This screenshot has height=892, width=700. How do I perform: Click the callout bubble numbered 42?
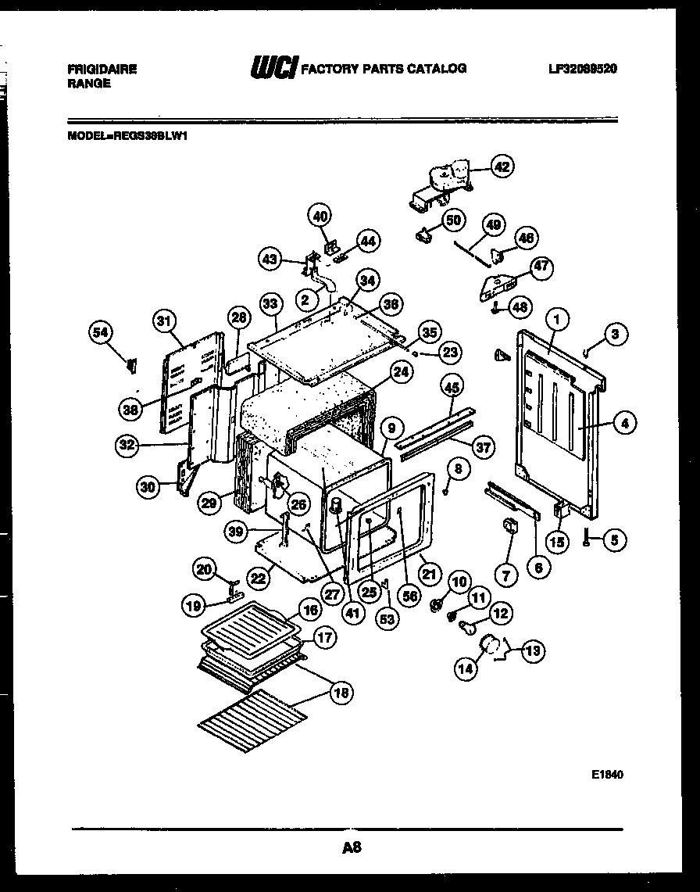[x=502, y=166]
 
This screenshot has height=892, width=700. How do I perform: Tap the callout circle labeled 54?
[x=101, y=332]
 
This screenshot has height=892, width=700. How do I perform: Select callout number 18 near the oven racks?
[x=341, y=692]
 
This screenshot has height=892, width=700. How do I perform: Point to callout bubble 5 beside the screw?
[x=615, y=539]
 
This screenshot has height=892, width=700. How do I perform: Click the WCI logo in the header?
[x=272, y=70]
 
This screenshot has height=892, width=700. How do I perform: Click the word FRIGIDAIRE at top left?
[x=102, y=70]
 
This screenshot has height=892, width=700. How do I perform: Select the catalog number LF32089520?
[x=583, y=69]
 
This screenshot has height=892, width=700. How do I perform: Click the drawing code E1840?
[x=607, y=774]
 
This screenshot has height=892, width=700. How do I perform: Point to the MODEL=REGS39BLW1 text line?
[x=129, y=134]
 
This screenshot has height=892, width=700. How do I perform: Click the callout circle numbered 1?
[x=557, y=319]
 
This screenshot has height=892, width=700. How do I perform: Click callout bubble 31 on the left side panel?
[x=164, y=320]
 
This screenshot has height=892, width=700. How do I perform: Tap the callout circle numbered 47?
[x=541, y=267]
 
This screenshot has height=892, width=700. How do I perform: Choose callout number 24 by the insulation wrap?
[x=400, y=374]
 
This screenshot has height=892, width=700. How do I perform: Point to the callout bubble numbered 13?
[x=533, y=650]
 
